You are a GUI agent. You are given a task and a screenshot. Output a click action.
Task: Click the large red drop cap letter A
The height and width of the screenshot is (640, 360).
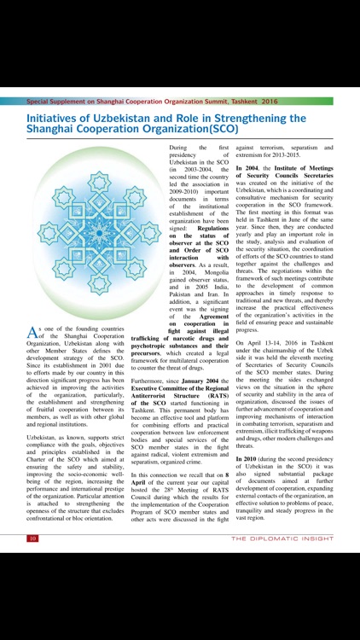[33, 331]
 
